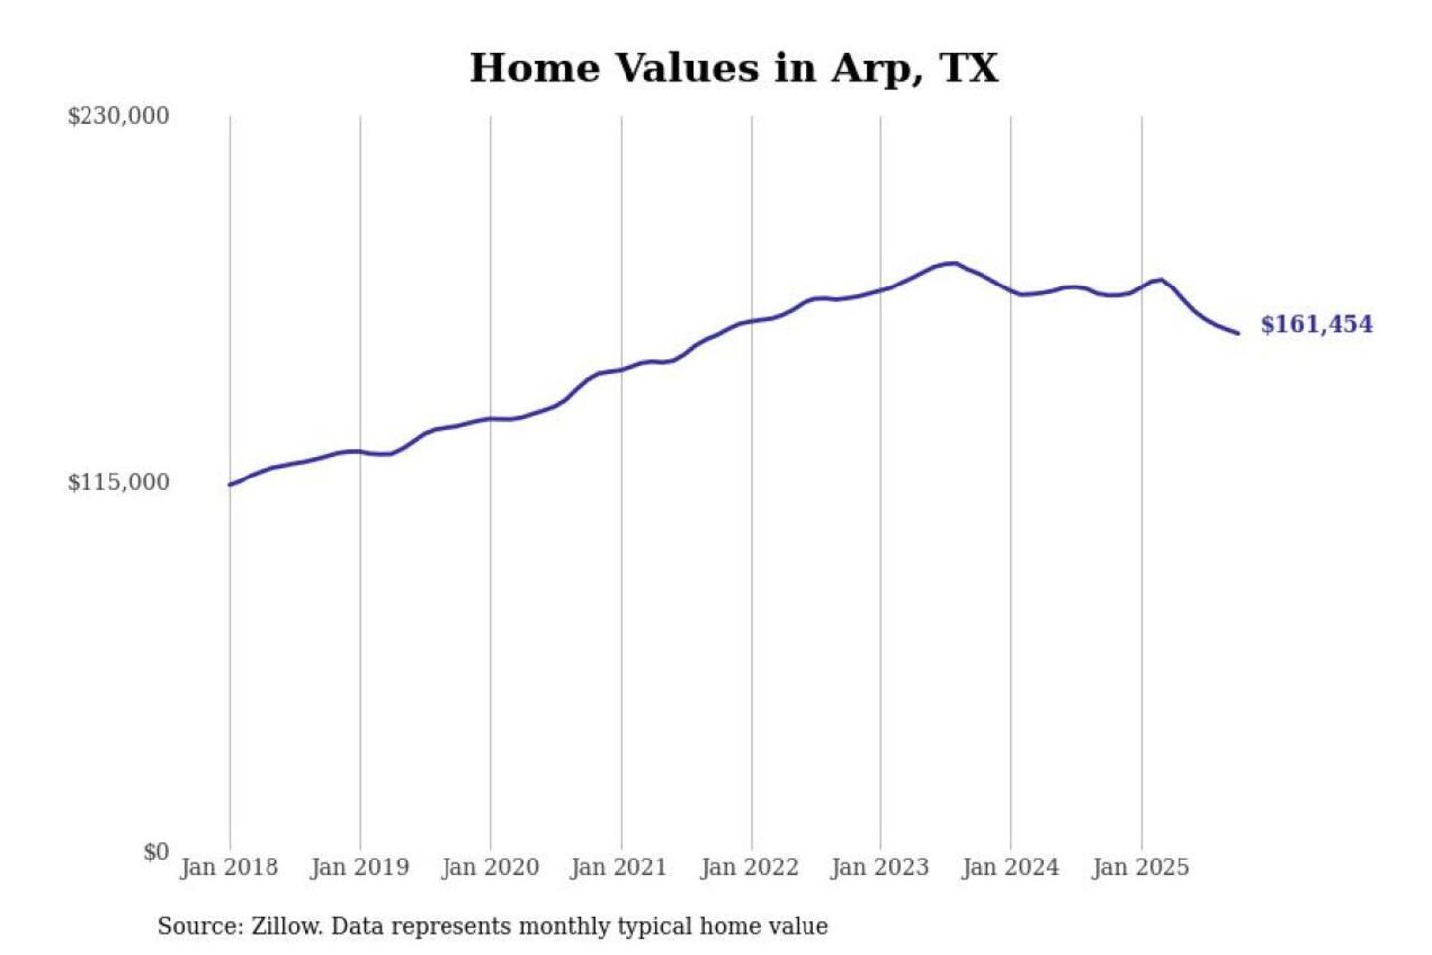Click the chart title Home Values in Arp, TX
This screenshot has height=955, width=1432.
[x=734, y=68]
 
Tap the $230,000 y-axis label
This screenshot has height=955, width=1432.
[x=118, y=116]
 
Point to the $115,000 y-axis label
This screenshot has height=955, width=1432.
[x=118, y=482]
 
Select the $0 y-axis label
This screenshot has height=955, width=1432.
[x=156, y=852]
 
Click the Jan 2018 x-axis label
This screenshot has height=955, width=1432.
[x=229, y=867]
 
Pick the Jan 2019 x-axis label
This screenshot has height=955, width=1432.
[x=359, y=867]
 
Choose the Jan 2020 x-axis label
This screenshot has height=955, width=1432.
[x=489, y=867]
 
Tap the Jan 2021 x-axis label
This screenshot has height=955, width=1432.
[x=619, y=867]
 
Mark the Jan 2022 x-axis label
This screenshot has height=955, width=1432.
[x=749, y=867]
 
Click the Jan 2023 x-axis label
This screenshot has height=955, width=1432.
[x=879, y=867]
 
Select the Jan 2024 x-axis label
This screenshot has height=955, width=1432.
[x=1009, y=867]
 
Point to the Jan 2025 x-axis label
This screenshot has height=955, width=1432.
[x=1140, y=867]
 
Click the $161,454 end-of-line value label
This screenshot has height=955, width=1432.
[x=1317, y=324]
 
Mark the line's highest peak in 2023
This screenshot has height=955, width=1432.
[x=954, y=263]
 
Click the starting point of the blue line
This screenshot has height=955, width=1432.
[x=230, y=485]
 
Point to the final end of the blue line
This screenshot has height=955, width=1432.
[x=1238, y=333]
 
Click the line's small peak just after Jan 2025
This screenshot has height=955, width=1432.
[x=1160, y=280]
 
